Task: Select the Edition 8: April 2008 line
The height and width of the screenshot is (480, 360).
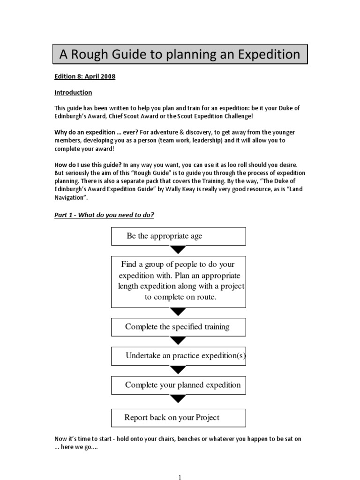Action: coord(85,76)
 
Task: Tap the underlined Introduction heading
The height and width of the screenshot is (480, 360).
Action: coord(73,92)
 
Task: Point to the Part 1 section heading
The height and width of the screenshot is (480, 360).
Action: coord(105,215)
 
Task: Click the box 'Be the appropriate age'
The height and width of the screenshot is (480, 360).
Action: coord(178,236)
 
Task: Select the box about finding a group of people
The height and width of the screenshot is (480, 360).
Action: coord(178,281)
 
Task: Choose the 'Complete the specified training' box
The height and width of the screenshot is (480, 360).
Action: coord(178,327)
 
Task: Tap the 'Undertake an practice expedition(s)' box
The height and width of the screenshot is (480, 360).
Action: coord(178,356)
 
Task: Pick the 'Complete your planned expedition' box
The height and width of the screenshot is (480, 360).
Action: coord(178,385)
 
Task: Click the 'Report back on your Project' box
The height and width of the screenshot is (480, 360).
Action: coord(178,417)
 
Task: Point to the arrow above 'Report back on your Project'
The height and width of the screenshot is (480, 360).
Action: coord(178,399)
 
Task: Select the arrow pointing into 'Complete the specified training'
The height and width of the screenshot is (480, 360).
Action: coord(178,312)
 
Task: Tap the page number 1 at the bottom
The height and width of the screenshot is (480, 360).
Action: coord(180,477)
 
